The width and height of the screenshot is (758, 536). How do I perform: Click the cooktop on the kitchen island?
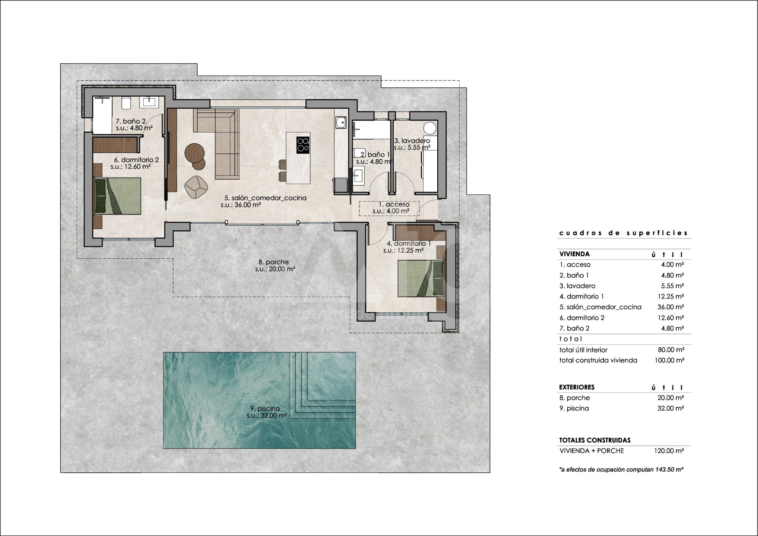303,145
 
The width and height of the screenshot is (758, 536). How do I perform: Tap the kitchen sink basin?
341,122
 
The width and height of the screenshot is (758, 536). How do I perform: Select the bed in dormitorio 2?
118,196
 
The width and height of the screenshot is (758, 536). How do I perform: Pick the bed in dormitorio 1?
421,278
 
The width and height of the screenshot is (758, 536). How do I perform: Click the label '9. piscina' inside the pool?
265,409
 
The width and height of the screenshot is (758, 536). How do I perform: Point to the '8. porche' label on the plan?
274,262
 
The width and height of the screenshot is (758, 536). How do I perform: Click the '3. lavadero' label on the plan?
412,141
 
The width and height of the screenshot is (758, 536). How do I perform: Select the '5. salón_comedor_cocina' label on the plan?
265,198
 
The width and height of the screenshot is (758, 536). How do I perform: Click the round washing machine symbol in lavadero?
430,128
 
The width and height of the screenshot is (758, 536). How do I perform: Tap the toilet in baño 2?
126,103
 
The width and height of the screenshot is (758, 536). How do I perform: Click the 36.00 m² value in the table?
671,307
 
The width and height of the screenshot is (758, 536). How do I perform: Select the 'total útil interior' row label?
583,350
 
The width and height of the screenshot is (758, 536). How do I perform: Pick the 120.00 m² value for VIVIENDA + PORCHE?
669,451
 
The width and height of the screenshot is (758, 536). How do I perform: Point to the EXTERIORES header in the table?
577,387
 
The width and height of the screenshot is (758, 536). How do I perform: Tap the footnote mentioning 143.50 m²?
621,470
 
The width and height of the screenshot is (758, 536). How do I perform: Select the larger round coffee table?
194,153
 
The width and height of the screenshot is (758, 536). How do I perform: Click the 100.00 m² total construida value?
669,360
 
